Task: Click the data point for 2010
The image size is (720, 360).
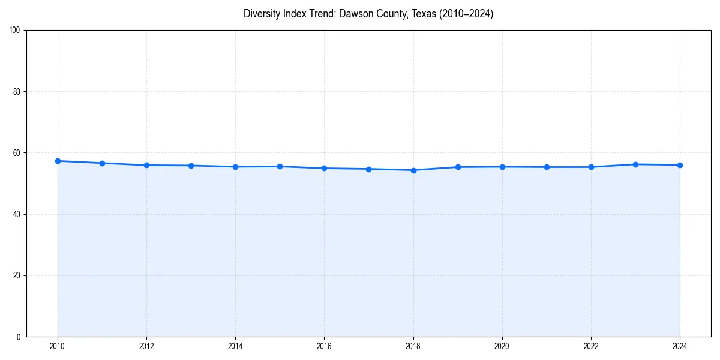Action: tap(58, 161)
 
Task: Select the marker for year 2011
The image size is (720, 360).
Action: tap(102, 163)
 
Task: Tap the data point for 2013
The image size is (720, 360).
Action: tap(191, 166)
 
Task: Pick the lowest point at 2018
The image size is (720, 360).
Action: tap(413, 170)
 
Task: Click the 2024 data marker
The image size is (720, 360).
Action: tap(680, 165)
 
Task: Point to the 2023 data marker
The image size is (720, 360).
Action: tap(635, 164)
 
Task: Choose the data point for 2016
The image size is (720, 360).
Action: tap(324, 168)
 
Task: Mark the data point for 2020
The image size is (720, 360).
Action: tap(502, 167)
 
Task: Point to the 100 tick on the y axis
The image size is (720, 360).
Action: tap(16, 31)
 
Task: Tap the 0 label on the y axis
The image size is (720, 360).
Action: tap(19, 337)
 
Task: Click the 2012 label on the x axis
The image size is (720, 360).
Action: tap(146, 346)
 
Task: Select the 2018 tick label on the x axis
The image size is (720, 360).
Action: tap(413, 346)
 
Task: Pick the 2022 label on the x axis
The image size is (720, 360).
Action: tap(591, 346)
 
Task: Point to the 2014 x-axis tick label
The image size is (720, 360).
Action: tap(235, 346)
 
